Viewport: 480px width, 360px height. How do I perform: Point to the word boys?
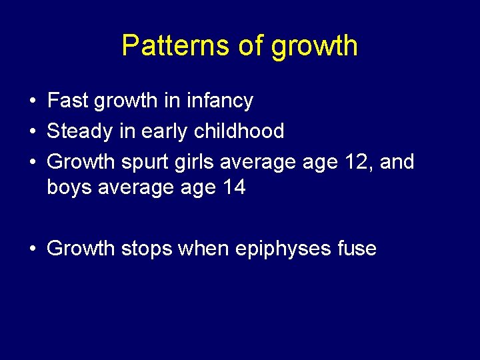tap(70, 188)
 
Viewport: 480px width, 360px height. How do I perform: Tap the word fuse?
tap(357, 249)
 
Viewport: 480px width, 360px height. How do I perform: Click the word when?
tap(205, 249)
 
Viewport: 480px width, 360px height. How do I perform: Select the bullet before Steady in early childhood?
tap(32, 131)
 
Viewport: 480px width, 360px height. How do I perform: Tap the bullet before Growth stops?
tap(32, 249)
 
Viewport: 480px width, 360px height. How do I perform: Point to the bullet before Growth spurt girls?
tap(32, 162)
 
